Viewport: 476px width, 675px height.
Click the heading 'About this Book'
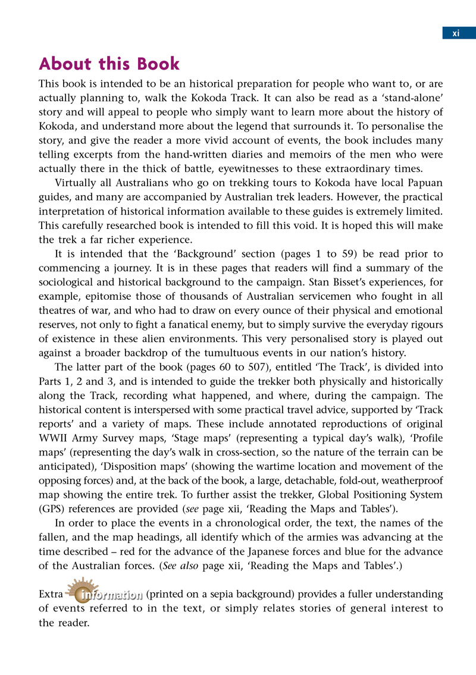tap(109, 64)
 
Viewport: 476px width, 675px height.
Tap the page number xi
tap(456, 33)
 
